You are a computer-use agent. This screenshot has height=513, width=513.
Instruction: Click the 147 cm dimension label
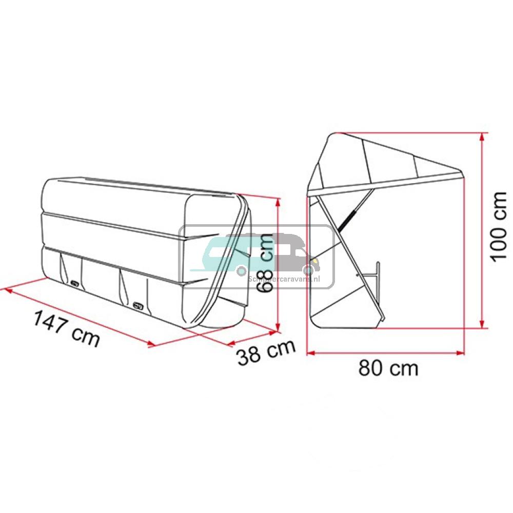click(x=66, y=328)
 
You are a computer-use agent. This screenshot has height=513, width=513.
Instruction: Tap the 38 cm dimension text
click(x=266, y=352)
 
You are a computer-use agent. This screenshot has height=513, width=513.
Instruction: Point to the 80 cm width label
click(x=388, y=368)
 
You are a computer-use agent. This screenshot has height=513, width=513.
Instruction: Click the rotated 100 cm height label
click(x=498, y=227)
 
